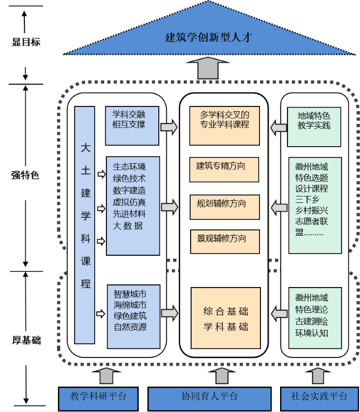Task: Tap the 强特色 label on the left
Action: coord(25,175)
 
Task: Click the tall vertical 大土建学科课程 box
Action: coord(85,225)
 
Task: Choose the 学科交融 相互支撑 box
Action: coord(132,126)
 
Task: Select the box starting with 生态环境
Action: coord(132,205)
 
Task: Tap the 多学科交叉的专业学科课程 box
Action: coord(225,126)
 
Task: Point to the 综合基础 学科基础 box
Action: coord(226,318)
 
